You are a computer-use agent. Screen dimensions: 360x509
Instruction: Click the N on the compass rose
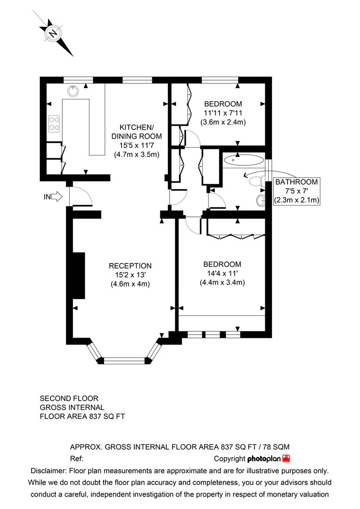point(53,33)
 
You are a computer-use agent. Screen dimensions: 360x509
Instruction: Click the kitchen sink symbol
point(74,91)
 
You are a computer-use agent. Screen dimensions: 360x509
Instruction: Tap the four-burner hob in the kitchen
point(54,123)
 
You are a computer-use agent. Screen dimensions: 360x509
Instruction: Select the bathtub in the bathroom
point(244,160)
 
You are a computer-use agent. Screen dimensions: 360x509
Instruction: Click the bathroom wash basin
point(261,201)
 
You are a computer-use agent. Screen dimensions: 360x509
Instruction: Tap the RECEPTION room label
point(130,266)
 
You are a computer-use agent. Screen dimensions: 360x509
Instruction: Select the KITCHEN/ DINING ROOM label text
point(136,131)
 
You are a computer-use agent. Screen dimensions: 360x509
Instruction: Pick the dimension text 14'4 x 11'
point(222,273)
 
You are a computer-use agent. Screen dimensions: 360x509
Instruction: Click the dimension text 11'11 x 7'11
point(223,113)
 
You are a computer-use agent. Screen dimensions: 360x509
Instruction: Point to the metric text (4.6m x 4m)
point(130,284)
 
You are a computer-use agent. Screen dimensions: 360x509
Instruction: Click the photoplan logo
point(268,459)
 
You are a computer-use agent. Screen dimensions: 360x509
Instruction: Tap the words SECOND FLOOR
point(69,398)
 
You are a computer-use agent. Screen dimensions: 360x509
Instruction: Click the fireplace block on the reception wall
point(79,276)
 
